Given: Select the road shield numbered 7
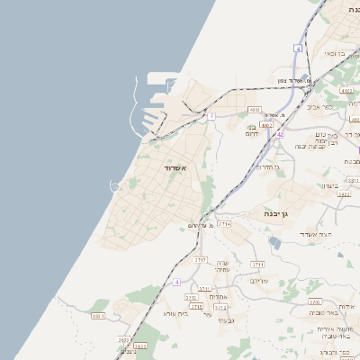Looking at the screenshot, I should pos(211,116).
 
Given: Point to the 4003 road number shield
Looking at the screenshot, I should pos(255,110).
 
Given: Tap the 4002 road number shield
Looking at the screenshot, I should pos(266,125).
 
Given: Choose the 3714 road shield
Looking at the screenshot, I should pos(224,224).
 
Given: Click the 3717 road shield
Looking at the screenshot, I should pos(201,260).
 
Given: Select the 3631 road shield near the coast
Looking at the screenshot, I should pos(98,316).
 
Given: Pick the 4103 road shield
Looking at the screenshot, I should pos(346,91).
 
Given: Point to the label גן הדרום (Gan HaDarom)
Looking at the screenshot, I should pos(268,166).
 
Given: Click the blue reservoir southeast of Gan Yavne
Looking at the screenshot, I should pos(274,242).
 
